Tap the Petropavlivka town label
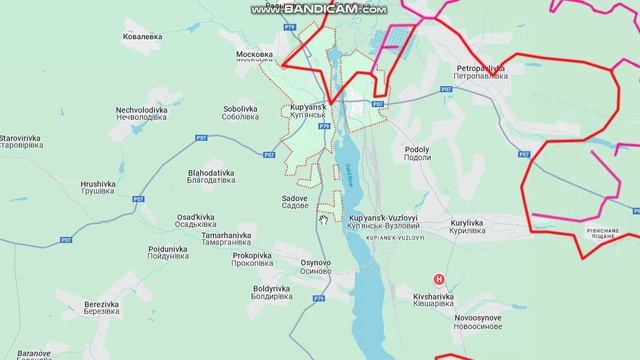477,71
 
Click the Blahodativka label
183,177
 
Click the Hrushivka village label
99,188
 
